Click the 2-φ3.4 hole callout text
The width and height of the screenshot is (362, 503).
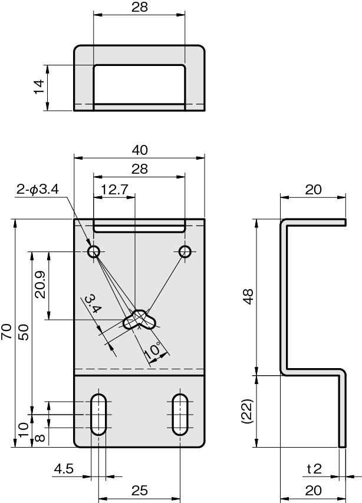pyautogui.click(x=38, y=189)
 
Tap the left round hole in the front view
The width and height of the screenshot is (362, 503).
pyautogui.click(x=94, y=251)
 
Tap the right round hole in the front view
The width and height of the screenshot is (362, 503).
pyautogui.click(x=185, y=251)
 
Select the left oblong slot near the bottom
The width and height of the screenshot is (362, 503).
pyautogui.click(x=98, y=415)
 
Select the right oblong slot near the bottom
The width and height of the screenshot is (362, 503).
pyautogui.click(x=180, y=415)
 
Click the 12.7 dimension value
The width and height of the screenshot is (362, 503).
pyautogui.click(x=114, y=190)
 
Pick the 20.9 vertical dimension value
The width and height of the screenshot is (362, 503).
pyautogui.click(x=41, y=284)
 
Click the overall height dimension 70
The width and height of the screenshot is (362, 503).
pyautogui.click(x=6, y=332)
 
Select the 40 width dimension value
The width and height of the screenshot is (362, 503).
pyautogui.click(x=140, y=150)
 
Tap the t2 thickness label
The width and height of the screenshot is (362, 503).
pyautogui.click(x=314, y=469)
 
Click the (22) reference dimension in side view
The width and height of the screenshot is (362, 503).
pyautogui.click(x=248, y=411)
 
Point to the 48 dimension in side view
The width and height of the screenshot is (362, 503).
pyautogui.click(x=248, y=297)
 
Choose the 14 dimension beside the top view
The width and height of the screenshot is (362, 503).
pyautogui.click(x=38, y=87)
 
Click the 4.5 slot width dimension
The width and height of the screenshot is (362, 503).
pyautogui.click(x=64, y=469)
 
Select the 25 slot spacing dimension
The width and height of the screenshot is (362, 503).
pyautogui.click(x=139, y=491)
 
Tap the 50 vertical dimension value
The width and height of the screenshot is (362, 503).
pyautogui.click(x=24, y=332)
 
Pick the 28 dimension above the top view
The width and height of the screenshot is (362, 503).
pyautogui.click(x=139, y=7)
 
